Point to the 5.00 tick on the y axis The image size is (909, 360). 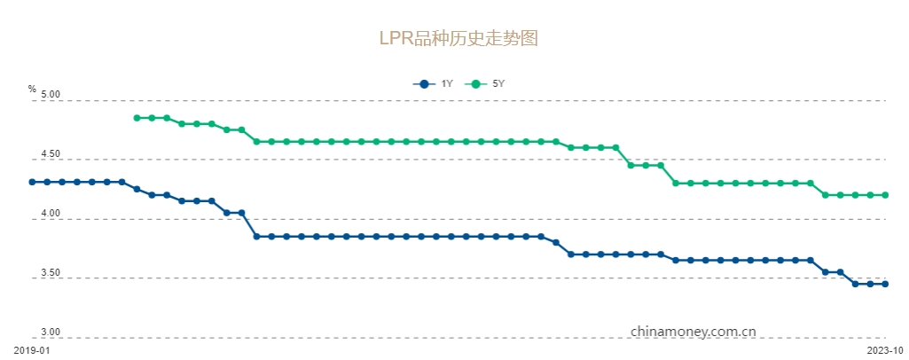point(50,94)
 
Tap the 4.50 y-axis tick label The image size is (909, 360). point(50,154)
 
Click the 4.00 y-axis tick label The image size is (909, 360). point(50,214)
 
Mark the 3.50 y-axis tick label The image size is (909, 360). point(50,273)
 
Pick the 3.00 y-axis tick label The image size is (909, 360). point(50,333)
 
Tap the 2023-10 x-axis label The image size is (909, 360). point(884,350)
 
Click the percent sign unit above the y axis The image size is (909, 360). point(32,89)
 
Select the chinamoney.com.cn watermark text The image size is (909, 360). point(693,331)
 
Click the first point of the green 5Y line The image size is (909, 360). point(137,118)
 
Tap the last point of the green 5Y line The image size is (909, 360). point(885,195)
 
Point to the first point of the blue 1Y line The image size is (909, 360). point(32,182)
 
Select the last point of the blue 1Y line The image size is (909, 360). point(885,284)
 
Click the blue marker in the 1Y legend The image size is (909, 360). point(424,84)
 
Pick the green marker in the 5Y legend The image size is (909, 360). point(475,84)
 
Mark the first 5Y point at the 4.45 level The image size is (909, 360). point(631,165)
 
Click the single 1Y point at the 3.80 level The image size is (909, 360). point(556,242)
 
